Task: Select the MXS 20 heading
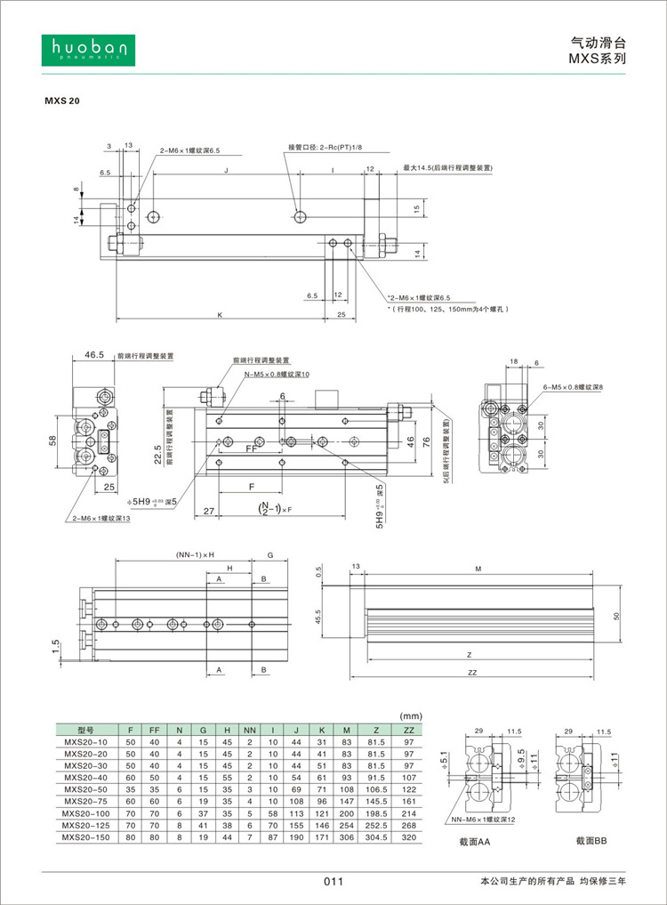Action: pyautogui.click(x=62, y=101)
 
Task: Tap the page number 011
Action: pyautogui.click(x=333, y=882)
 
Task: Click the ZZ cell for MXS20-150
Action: pyautogui.click(x=409, y=836)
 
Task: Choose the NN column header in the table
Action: pyautogui.click(x=250, y=729)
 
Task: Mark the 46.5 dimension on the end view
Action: pyautogui.click(x=94, y=355)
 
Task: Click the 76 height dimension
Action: pyautogui.click(x=425, y=442)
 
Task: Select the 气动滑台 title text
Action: pyautogui.click(x=599, y=42)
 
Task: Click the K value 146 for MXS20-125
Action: pyautogui.click(x=321, y=825)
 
